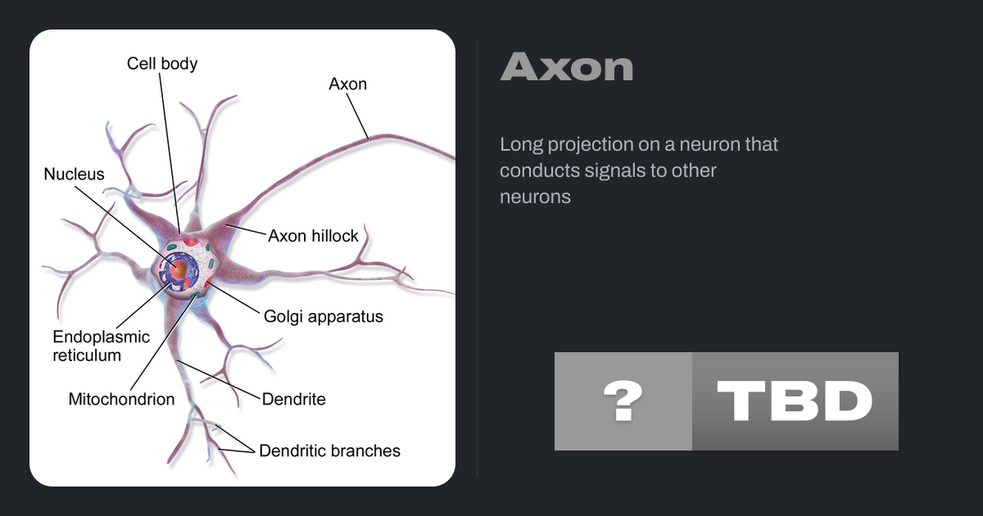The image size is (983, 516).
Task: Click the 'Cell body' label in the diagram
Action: pos(162,64)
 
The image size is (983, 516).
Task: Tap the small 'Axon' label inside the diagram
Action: pos(347,84)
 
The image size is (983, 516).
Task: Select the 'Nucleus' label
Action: pos(74,174)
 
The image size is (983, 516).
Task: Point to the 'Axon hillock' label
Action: pos(313,236)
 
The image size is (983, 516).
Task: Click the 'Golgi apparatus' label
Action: pos(323,317)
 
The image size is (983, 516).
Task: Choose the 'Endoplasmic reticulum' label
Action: pos(101,346)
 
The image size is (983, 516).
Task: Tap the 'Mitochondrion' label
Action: pos(121,400)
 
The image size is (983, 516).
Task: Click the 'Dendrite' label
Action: pos(293,400)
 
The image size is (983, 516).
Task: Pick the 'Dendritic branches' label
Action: pos(329,450)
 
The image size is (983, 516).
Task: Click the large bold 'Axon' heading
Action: pos(567,66)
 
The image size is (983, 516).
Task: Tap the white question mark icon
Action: pos(623,401)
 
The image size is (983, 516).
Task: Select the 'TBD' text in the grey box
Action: pos(795,401)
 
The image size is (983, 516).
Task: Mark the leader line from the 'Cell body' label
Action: pos(170,153)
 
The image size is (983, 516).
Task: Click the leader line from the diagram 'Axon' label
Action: pos(358,116)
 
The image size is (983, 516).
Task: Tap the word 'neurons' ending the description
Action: pos(535,197)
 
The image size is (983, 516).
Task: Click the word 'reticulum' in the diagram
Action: pos(87,355)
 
